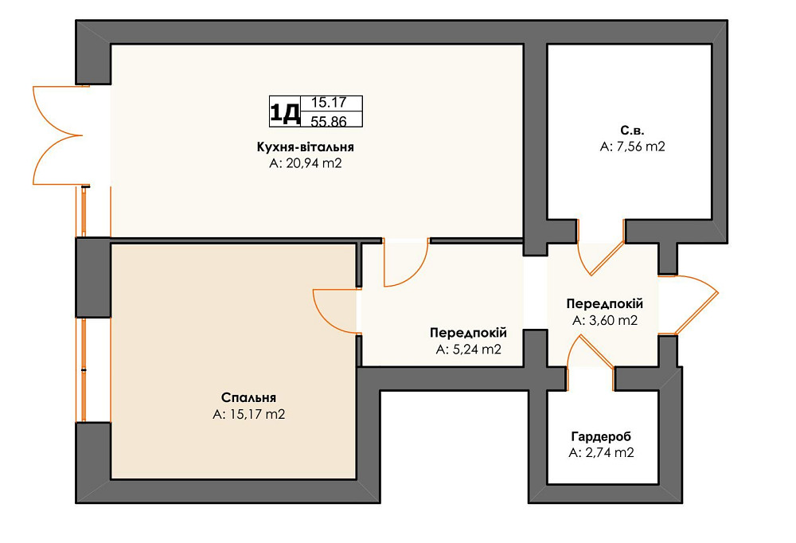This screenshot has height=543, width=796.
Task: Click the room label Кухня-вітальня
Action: point(305,147)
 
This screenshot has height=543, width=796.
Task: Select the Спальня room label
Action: point(248,398)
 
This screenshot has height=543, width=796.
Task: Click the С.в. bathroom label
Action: point(632,131)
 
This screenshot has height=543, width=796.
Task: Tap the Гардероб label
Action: point(601,436)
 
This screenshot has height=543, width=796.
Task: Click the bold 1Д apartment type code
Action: point(284,111)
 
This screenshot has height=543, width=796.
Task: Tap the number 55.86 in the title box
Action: point(329,121)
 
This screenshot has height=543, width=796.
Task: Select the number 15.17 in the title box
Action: point(329,103)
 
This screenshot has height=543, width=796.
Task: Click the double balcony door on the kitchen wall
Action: point(58,135)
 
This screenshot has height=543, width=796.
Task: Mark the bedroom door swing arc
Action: point(336,311)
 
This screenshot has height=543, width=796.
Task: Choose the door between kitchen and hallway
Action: point(406,263)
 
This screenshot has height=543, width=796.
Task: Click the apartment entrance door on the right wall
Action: point(689,305)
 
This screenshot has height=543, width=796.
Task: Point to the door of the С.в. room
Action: point(601,248)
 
